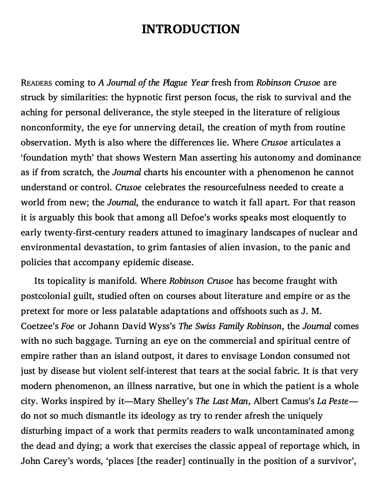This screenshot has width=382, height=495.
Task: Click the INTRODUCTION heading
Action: pos(191,29)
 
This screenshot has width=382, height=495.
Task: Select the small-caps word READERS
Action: pos(36,83)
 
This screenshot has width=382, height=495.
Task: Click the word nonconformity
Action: pos(50,127)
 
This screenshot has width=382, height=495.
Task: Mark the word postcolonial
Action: pos(49,296)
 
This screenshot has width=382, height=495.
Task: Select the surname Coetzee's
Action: pos(39,326)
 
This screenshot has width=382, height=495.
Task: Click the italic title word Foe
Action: pos(67,326)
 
